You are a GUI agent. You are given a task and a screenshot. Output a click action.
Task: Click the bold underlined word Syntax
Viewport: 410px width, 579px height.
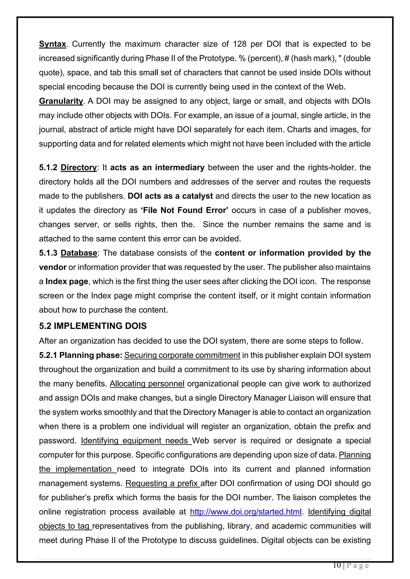[x=52, y=44]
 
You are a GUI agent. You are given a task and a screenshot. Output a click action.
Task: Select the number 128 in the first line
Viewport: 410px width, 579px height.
[x=239, y=44]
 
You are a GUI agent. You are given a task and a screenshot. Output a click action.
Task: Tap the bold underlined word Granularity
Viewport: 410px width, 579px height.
[x=61, y=101]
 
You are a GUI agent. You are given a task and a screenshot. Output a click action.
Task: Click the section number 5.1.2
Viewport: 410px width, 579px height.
[x=48, y=168]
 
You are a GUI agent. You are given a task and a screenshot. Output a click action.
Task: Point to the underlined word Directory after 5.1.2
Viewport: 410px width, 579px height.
[x=78, y=168]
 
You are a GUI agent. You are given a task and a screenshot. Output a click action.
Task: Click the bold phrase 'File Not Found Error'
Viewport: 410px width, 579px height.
[x=185, y=210]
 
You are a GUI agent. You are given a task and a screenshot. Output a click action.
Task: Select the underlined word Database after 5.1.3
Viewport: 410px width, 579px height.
[x=79, y=253]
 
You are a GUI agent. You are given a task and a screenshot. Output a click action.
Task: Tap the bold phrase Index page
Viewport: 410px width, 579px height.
[x=67, y=282]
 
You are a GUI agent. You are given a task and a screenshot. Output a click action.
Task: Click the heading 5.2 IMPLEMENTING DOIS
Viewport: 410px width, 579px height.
[x=93, y=326]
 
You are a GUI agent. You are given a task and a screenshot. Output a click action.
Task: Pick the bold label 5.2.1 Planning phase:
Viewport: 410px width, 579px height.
[x=80, y=355]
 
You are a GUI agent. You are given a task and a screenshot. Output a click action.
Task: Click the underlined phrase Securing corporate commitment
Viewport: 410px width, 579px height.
[x=182, y=355]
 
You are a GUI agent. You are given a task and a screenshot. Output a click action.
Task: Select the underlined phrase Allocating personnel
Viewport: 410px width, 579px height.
[x=147, y=384]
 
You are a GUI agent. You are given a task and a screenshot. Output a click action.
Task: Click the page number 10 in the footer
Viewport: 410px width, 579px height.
[x=337, y=566]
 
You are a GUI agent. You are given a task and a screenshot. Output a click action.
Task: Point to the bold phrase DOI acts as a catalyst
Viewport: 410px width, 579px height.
[x=170, y=196]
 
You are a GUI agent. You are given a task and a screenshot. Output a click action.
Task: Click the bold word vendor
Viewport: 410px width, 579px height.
[x=52, y=267]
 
